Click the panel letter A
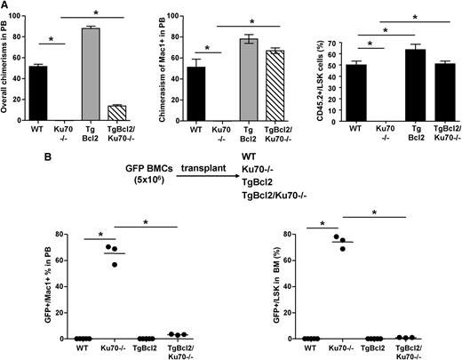tap(6, 6)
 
